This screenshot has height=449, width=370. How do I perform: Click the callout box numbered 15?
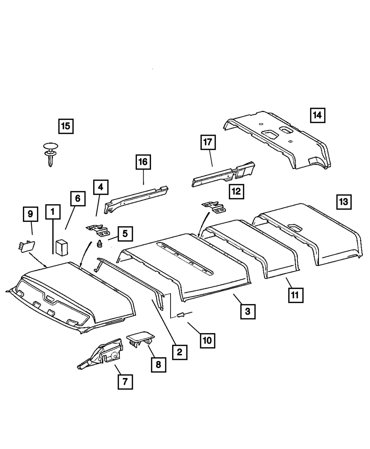click(x=65, y=126)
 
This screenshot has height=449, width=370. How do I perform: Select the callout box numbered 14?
click(x=317, y=115)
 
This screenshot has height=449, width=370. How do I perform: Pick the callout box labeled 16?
click(x=143, y=162)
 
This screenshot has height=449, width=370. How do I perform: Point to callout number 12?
click(x=236, y=191)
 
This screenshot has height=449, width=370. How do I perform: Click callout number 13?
click(x=344, y=202)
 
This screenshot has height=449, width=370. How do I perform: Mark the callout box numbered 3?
click(x=248, y=311)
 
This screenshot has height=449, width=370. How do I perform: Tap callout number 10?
click(x=208, y=340)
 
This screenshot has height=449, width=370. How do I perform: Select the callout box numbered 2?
click(x=179, y=351)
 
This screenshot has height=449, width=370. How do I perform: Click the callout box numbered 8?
click(x=158, y=364)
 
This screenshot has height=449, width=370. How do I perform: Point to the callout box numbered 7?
click(x=125, y=381)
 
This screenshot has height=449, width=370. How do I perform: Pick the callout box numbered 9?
click(x=30, y=214)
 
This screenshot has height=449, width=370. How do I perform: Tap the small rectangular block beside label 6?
click(x=62, y=247)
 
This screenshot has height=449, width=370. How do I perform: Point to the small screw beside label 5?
click(x=100, y=243)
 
